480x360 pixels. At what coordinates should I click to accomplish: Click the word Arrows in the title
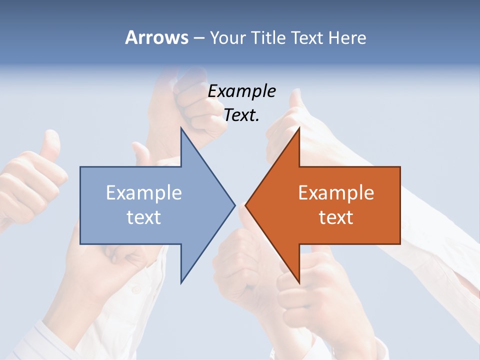click(x=156, y=37)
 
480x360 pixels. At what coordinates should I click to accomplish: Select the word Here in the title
click(x=347, y=37)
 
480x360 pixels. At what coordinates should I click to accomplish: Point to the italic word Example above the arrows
click(x=241, y=91)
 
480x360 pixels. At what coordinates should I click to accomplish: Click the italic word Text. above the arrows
click(x=241, y=115)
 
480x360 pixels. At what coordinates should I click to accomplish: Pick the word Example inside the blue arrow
click(x=144, y=192)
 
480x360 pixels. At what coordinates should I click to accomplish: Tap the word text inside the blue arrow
click(x=144, y=217)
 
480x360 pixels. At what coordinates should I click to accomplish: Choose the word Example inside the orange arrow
click(x=336, y=192)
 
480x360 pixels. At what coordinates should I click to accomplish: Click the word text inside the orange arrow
click(x=336, y=217)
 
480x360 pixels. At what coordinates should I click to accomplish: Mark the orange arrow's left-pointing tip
click(x=246, y=205)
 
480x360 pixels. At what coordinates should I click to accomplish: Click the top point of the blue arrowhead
click(x=182, y=129)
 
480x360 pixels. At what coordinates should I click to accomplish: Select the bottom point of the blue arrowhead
click(x=182, y=281)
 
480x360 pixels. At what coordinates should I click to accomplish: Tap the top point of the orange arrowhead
click(x=298, y=129)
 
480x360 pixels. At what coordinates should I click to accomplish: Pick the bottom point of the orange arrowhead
click(x=298, y=281)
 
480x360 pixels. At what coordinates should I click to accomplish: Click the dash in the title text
click(x=198, y=38)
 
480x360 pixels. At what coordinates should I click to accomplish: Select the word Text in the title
click(x=307, y=37)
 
